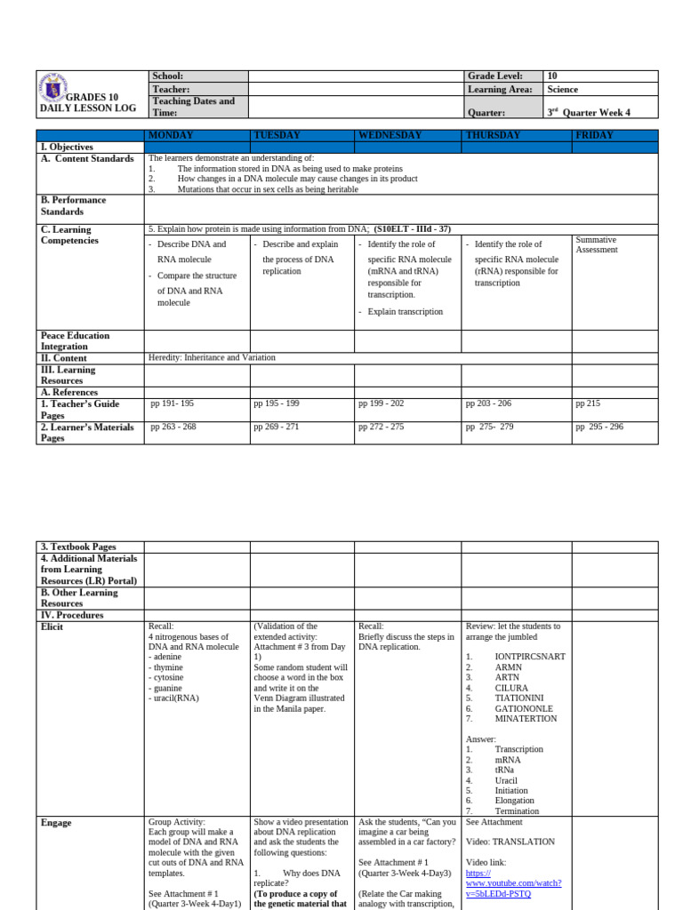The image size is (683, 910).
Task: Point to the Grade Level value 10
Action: coord(552,76)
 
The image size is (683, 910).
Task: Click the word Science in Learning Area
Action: coord(563,90)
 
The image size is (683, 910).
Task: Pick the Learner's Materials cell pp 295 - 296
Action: coord(599,427)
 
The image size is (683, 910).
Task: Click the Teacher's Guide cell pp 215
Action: coord(588,403)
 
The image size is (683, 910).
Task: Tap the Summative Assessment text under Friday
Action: coord(596,245)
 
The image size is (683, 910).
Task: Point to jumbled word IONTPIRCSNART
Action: coord(530,657)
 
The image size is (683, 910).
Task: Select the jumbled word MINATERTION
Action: coord(526,719)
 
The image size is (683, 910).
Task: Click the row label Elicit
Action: coord(52,627)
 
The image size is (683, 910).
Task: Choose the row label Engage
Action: coord(56,823)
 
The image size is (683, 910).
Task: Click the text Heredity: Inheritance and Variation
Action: coord(212,357)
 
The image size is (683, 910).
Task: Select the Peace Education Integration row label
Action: coord(76,341)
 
